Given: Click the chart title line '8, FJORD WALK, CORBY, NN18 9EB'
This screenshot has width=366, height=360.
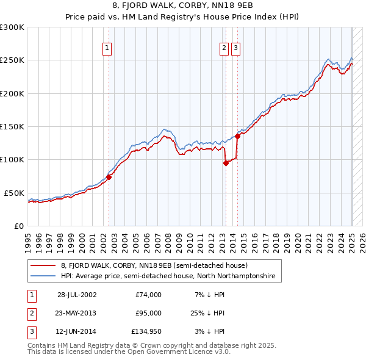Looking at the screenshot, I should [182, 7].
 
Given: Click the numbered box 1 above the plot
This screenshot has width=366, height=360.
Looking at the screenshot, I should [107, 49].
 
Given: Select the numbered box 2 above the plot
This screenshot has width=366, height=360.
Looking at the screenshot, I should [224, 49].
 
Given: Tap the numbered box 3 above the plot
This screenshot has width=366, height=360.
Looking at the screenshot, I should [236, 49].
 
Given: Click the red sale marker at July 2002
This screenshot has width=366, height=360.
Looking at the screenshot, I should [109, 177].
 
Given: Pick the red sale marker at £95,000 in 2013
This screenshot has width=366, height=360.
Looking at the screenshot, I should [226, 163].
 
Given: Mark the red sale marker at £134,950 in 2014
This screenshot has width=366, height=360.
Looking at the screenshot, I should [237, 137].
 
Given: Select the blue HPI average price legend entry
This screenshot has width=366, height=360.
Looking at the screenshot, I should [168, 276].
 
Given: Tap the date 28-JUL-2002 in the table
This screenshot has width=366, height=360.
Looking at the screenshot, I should [77, 295].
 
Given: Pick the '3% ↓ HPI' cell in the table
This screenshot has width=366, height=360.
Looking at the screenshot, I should [210, 333].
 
